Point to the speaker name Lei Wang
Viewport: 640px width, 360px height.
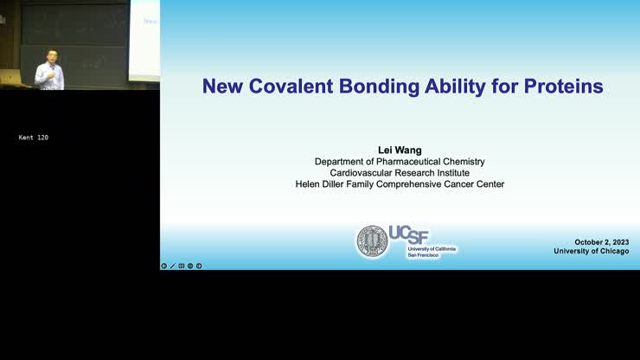(x=400, y=150)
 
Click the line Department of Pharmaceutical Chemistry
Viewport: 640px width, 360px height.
(x=400, y=162)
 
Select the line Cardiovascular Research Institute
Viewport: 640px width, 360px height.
(x=400, y=173)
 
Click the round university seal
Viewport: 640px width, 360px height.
(x=373, y=241)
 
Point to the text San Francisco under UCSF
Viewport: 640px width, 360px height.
(x=423, y=255)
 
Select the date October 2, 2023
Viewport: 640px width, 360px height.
(x=601, y=242)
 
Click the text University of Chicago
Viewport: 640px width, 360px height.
(x=592, y=252)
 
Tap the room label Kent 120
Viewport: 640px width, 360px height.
(x=34, y=138)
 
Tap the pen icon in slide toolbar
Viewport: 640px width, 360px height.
(x=173, y=266)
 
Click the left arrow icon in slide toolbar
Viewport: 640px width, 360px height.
(x=164, y=266)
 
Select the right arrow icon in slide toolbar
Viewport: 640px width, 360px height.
(x=199, y=266)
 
